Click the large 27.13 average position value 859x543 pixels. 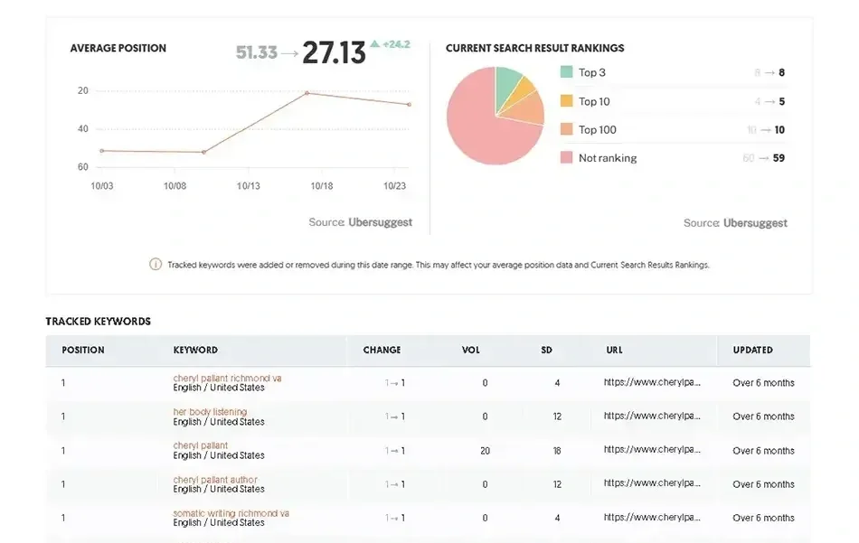334,52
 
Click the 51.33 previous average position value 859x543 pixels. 256,52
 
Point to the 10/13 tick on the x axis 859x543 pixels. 249,186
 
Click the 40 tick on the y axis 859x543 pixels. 83,129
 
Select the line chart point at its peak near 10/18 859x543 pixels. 307,93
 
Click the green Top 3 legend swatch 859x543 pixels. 566,72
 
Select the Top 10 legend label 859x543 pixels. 594,101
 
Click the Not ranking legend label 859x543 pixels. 608,158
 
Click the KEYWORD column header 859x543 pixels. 195,350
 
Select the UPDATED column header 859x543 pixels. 752,350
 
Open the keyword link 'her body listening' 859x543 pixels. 210,412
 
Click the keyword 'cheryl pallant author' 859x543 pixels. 215,480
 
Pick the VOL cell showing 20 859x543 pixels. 485,450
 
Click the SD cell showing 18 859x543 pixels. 557,450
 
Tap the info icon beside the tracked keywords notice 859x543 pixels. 156,265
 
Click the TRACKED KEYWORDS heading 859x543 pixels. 98,321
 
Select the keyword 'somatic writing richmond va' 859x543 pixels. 231,513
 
